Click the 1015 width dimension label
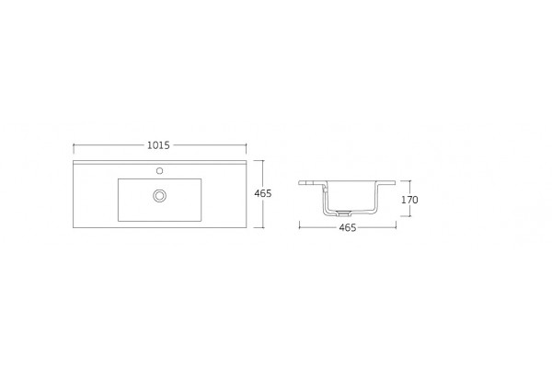click(158, 145)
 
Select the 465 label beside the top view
click(263, 193)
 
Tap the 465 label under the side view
click(348, 228)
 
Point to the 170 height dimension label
click(409, 200)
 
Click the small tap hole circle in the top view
click(159, 171)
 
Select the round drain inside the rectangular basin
click(159, 195)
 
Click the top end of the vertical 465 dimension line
click(263, 161)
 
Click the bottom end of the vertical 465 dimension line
click(263, 227)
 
